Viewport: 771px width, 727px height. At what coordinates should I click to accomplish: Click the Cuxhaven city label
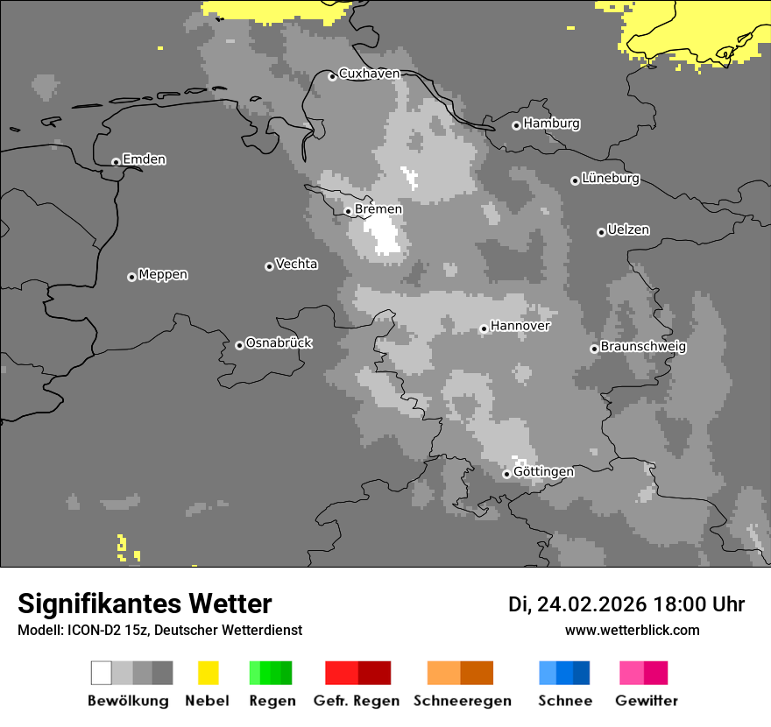point(369,74)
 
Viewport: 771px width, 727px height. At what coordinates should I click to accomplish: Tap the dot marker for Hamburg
point(516,125)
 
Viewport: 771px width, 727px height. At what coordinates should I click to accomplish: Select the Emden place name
point(144,159)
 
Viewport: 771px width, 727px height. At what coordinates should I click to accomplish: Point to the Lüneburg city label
point(611,179)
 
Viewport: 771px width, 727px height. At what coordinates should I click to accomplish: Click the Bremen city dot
point(348,211)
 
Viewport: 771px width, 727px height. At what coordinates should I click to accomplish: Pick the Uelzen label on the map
point(628,230)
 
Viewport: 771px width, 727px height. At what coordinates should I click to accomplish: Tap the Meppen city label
point(163,275)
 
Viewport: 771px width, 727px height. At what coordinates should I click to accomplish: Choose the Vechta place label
point(296,265)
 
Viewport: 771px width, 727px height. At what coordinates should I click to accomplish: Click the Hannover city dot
point(484,329)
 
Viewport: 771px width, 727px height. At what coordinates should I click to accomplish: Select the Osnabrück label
point(279,343)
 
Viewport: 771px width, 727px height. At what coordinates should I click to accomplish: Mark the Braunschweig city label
point(643,347)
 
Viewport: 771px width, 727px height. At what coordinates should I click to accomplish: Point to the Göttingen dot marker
point(506,474)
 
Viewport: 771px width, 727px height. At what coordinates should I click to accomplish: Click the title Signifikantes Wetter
point(145,603)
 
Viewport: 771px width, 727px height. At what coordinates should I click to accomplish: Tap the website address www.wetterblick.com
point(632,630)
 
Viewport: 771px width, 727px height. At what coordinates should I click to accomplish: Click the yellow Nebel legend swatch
point(208,673)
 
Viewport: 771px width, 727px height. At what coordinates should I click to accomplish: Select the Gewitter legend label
point(646,701)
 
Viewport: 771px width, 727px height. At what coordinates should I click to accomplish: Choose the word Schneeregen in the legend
point(462,701)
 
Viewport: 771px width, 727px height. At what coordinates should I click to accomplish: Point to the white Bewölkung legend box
point(102,673)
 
